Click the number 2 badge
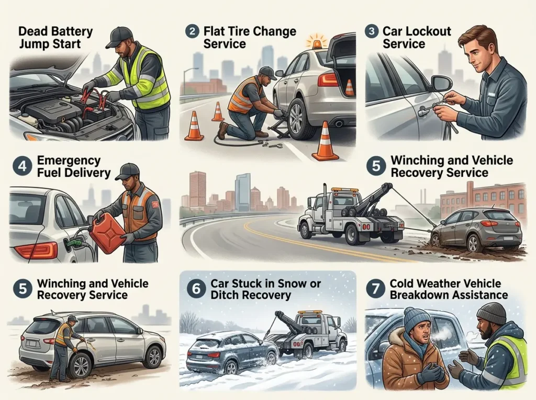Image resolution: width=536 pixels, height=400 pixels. point(192,31)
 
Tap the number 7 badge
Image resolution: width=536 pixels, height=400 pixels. point(375,289)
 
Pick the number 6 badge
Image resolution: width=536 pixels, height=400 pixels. point(196,289)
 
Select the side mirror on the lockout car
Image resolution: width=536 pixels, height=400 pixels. point(441,83)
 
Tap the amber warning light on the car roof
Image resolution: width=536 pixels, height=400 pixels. point(316,43)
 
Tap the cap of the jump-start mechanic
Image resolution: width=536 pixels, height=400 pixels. point(120,37)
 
